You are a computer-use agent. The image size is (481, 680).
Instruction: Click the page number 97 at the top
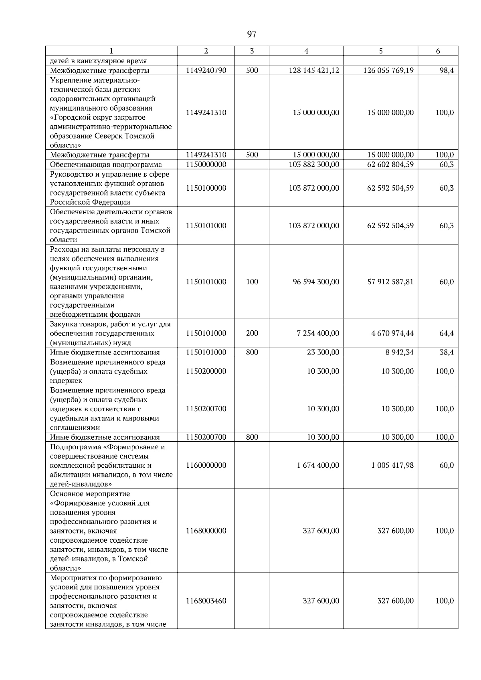[252, 34]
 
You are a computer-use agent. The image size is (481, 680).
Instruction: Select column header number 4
[306, 51]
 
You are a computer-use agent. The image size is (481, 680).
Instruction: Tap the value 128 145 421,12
[314, 70]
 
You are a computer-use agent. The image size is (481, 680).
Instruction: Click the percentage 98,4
[446, 70]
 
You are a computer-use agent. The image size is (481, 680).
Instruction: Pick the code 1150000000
[206, 164]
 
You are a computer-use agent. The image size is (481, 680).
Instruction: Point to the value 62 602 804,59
[390, 164]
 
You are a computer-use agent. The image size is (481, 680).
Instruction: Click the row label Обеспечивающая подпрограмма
[106, 165]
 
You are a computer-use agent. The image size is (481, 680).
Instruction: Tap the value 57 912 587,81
[390, 282]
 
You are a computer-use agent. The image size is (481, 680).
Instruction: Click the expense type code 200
[252, 333]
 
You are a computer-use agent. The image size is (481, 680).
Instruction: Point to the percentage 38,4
[446, 352]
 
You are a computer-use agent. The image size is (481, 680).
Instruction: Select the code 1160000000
[206, 465]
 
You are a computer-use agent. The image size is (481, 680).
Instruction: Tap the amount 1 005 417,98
[392, 465]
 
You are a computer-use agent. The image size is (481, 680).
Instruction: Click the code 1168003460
[206, 601]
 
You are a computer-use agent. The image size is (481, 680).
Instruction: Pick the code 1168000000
[206, 531]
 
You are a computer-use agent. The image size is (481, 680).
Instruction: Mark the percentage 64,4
[446, 333]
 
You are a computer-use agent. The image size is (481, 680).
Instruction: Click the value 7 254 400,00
[318, 333]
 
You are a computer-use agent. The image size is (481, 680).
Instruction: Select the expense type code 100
[252, 282]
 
